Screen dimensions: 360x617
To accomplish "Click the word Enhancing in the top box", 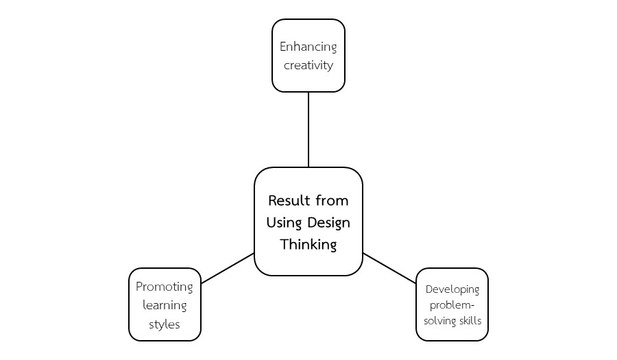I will click(x=308, y=47).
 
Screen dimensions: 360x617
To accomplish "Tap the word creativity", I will click(x=308, y=66).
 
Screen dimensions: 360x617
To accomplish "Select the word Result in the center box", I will click(x=289, y=201).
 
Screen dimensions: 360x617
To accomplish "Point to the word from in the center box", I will click(x=332, y=201).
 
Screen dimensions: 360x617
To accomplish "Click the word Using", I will click(x=284, y=223).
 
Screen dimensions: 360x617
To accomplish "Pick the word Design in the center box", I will click(x=328, y=223).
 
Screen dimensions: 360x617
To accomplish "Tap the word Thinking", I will click(x=308, y=245).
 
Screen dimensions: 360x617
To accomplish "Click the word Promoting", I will click(x=165, y=287).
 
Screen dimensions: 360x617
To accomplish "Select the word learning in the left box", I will click(x=165, y=305).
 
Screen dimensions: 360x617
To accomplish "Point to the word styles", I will click(x=165, y=324).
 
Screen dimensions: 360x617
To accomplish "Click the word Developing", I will click(x=452, y=289).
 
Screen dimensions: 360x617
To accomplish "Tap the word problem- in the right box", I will click(x=452, y=304).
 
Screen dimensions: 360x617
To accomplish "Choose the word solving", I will click(x=438, y=320).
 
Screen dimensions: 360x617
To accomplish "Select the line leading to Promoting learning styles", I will click(x=228, y=268).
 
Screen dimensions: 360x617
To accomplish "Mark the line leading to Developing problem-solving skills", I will click(x=389, y=268).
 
